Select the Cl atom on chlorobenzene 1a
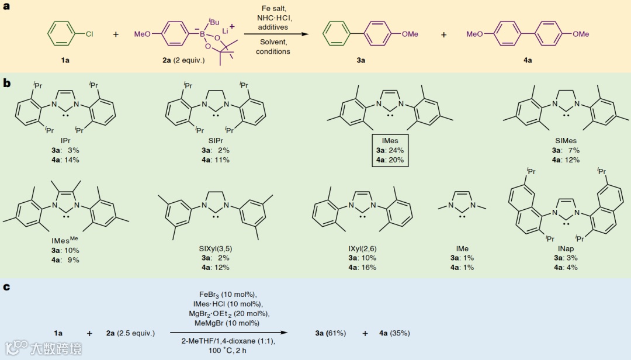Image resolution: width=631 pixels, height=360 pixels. pos(89,34)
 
